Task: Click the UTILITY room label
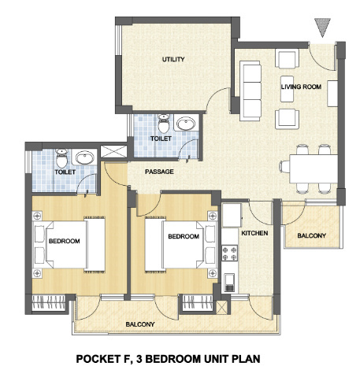(x=173, y=59)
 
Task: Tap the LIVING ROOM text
(x=301, y=87)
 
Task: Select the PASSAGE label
(x=159, y=172)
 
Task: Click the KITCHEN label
(x=254, y=233)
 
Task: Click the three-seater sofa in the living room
(x=251, y=91)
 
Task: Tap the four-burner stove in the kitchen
(x=229, y=253)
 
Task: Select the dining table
(x=314, y=168)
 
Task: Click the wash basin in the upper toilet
(x=186, y=124)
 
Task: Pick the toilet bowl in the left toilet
(x=61, y=158)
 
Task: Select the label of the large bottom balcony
(x=140, y=324)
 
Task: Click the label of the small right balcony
(x=311, y=235)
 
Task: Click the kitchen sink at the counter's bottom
(x=229, y=283)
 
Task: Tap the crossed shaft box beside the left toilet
(x=113, y=151)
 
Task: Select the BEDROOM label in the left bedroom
(x=65, y=241)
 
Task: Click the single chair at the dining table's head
(x=284, y=167)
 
